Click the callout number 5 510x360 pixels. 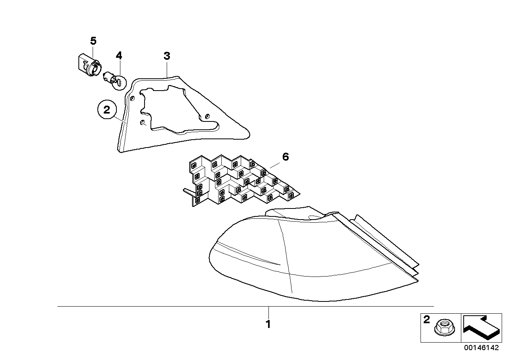[x=93, y=41]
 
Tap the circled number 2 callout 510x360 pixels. [x=107, y=110]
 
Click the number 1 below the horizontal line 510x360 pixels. [x=268, y=324]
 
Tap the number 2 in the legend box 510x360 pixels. [x=426, y=320]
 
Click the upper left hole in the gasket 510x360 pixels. [x=132, y=98]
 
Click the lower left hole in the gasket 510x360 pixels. [x=141, y=123]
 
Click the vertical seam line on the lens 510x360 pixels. [x=285, y=257]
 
